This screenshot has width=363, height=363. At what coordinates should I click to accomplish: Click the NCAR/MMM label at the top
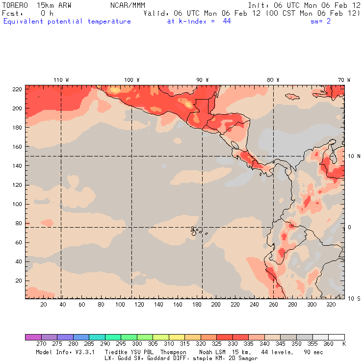click(x=128, y=5)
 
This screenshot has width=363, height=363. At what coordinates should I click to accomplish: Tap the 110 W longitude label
click(x=61, y=79)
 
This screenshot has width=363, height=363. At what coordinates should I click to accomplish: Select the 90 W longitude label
click(x=203, y=79)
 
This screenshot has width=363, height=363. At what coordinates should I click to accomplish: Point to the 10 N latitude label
click(x=354, y=156)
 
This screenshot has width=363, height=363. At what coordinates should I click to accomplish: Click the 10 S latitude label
click(x=354, y=298)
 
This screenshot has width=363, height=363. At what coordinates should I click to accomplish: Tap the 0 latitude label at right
click(x=350, y=227)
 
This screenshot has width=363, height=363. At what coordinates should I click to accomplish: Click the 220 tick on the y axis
click(x=18, y=89)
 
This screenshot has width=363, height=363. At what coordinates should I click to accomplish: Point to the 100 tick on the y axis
click(x=18, y=204)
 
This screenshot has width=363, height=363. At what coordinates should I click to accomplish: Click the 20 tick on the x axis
click(x=44, y=305)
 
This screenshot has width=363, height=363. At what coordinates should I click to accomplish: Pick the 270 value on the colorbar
click(x=41, y=344)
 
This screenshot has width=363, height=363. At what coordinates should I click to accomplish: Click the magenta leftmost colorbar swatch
click(x=33, y=337)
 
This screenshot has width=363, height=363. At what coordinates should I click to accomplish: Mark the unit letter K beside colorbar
click(x=344, y=344)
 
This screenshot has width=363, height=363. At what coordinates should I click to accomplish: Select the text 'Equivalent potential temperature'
click(x=67, y=22)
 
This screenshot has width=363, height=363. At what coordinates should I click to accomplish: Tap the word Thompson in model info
click(x=173, y=352)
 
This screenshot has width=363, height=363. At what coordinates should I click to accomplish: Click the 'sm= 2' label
click(x=321, y=22)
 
